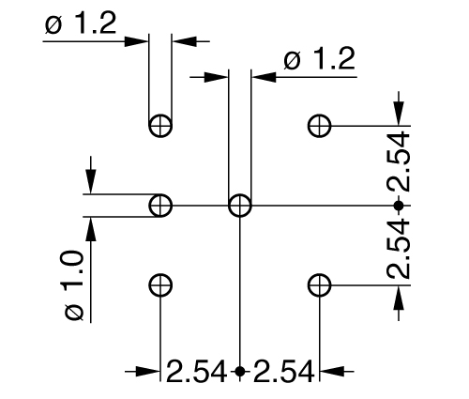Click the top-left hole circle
coord(160,124)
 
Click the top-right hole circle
coord(320,124)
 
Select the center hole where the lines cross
coord(240,204)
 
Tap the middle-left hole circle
coord(160,204)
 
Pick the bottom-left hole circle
coord(160,284)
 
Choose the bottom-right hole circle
coord(320,284)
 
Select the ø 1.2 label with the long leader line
coord(319,61)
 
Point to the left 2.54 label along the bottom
coord(197,371)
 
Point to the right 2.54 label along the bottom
coord(283,371)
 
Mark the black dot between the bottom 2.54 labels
coord(240,371)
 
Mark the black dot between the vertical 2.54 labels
coord(399,204)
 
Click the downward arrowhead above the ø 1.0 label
coord(91,184)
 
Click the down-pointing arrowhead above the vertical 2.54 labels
coord(399,114)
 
